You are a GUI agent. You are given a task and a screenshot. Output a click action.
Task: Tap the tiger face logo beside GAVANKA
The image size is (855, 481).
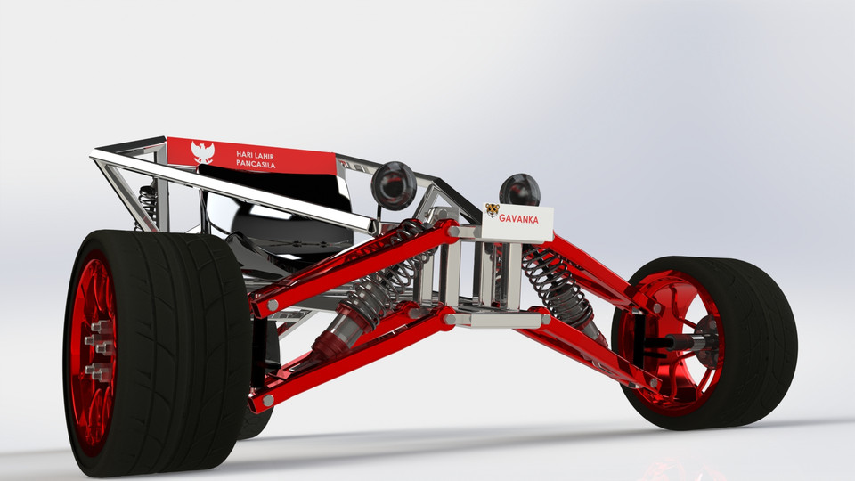[x=492, y=211]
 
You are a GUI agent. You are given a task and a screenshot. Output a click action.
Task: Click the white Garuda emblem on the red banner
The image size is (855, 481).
[x=203, y=152]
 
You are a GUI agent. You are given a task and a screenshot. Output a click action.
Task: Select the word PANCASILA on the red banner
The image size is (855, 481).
[x=256, y=166]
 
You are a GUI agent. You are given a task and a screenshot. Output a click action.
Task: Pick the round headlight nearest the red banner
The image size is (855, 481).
[x=393, y=183]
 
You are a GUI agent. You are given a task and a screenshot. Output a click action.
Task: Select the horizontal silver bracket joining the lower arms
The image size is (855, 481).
[x=494, y=317]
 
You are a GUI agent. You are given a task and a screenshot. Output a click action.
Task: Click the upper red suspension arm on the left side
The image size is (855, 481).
[x=356, y=267]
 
